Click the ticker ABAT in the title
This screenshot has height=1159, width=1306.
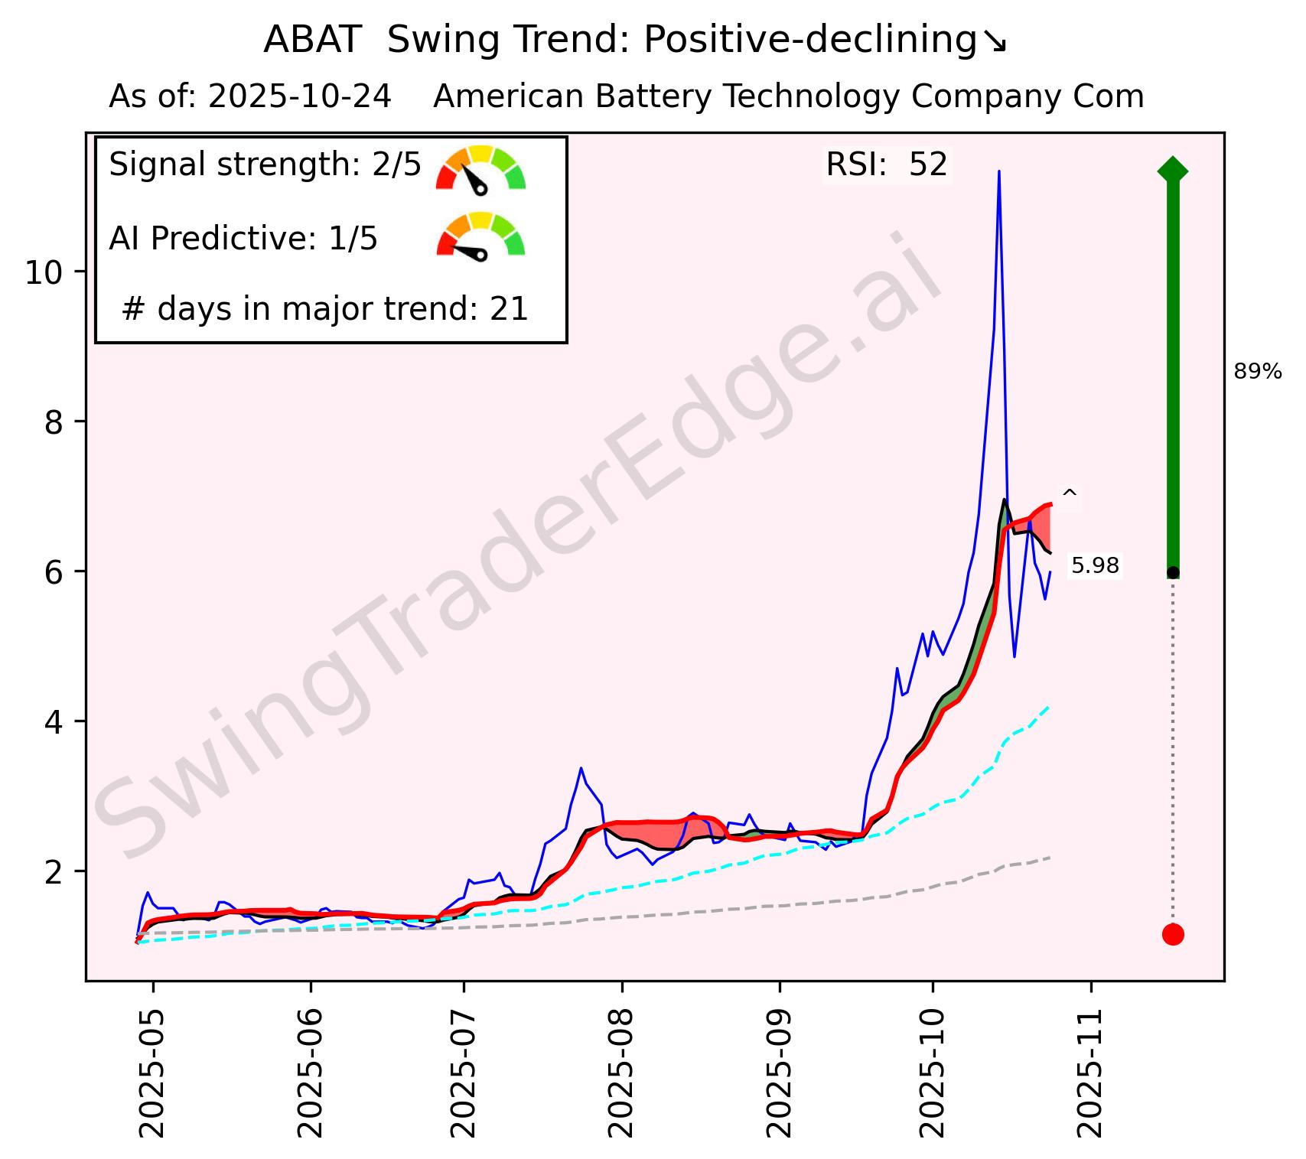click(311, 41)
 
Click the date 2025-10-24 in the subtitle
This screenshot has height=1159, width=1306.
click(299, 97)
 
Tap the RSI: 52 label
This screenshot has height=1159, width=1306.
click(887, 164)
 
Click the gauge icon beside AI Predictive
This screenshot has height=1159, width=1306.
click(480, 236)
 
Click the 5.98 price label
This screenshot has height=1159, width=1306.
click(1095, 566)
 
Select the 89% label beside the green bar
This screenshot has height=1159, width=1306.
click(1257, 373)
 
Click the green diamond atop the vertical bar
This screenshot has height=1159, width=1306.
click(1173, 170)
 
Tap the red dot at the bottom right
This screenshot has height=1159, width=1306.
click(1173, 934)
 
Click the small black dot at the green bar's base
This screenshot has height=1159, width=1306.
click(1173, 572)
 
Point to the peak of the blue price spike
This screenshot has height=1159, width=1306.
click(998, 172)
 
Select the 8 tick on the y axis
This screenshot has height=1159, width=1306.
click(53, 422)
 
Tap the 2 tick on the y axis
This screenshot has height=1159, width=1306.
click(53, 872)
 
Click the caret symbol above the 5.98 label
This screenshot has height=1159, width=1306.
click(1070, 496)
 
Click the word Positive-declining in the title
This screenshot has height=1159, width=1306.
click(810, 41)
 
